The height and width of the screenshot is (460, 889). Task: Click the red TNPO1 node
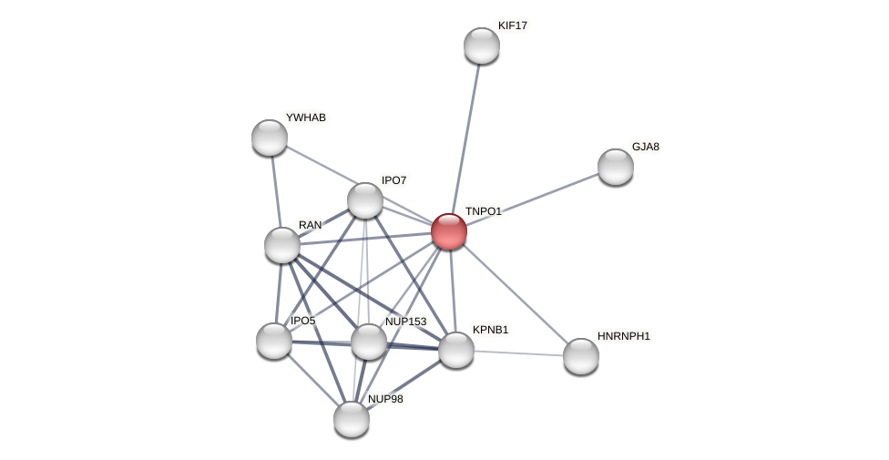pos(449,231)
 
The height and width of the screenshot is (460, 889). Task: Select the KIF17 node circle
pos(482,46)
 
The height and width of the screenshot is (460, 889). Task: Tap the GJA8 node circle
pos(616,167)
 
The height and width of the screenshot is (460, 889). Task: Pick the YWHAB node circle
pos(270,138)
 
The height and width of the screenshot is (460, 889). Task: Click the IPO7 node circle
pos(365,200)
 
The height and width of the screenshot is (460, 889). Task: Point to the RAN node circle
pos(282,245)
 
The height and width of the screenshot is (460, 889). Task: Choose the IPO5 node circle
pos(274,341)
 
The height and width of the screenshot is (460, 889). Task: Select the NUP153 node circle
pos(369,342)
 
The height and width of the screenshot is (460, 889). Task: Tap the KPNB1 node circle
pos(456,350)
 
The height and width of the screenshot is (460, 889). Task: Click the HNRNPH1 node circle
pos(581,356)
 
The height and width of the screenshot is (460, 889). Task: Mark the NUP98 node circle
pos(352,419)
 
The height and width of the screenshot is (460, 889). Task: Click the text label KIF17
pos(513,26)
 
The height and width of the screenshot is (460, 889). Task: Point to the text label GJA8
pos(646,147)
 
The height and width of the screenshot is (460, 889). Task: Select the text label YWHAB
pos(306,118)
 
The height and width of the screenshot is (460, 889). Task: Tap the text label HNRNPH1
pos(624,336)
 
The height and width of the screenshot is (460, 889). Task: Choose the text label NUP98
pos(385,399)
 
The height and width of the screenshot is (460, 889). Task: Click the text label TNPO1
pos(483,211)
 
